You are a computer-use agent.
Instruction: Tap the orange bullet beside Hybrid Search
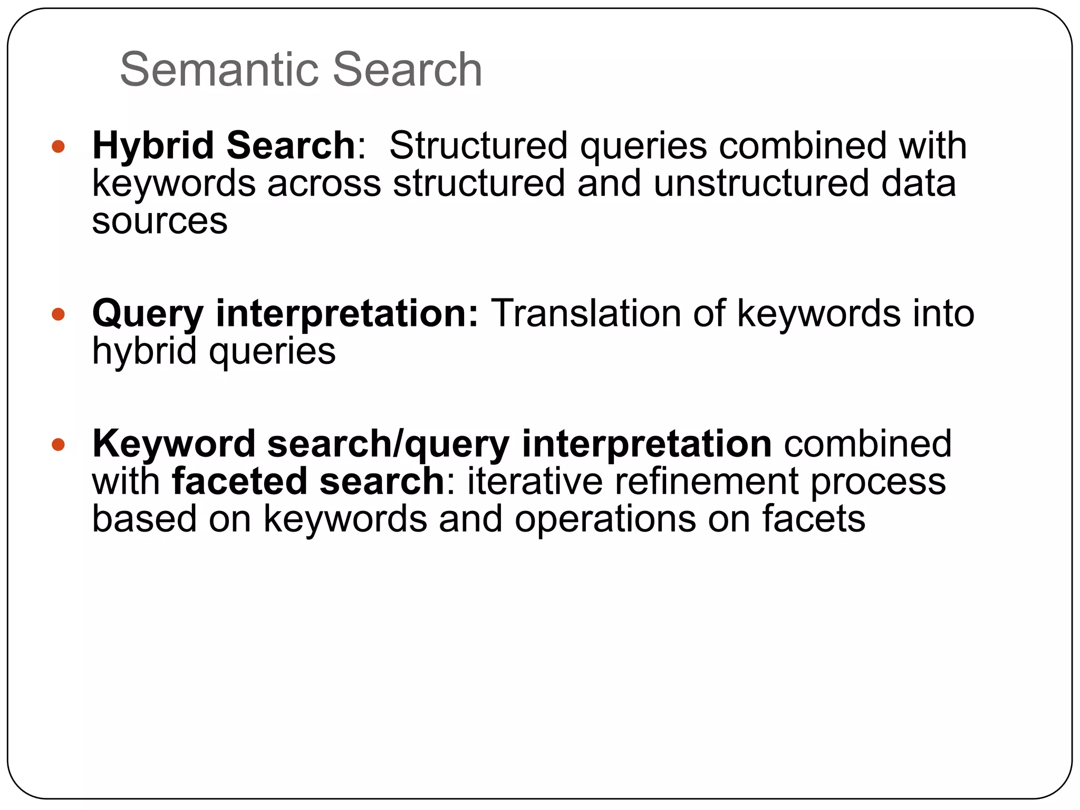coord(58,146)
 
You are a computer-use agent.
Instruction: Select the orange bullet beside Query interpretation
coord(58,315)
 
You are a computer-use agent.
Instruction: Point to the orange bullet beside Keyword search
coord(58,445)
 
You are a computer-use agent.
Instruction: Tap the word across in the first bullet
coord(324,183)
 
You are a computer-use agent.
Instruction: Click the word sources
coord(160,220)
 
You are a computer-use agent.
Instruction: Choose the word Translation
coord(586,313)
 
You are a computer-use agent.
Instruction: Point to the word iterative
coord(535,481)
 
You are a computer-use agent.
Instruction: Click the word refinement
coord(706,481)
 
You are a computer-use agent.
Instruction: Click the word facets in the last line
coord(814,519)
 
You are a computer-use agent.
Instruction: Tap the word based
coord(144,519)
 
